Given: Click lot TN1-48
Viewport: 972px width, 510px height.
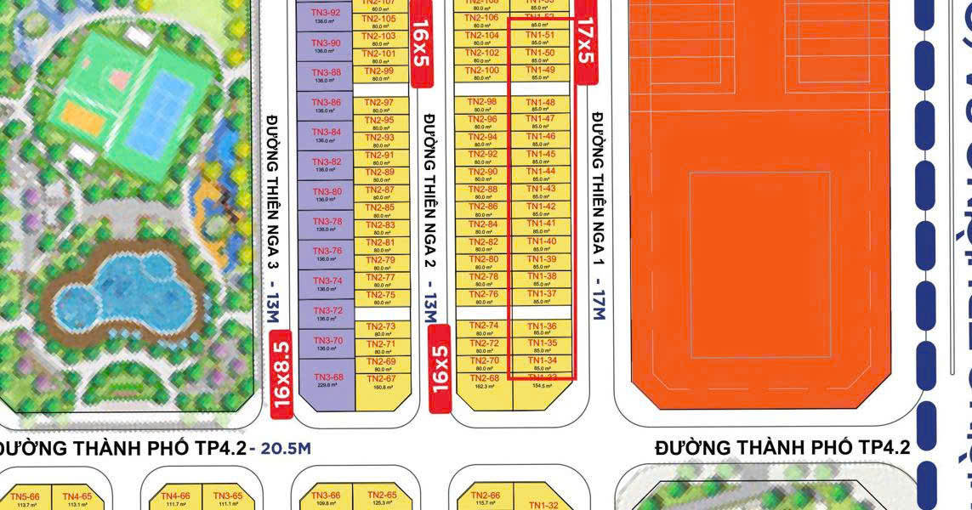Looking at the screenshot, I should (541, 105).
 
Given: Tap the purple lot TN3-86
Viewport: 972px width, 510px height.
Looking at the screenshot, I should (326, 105).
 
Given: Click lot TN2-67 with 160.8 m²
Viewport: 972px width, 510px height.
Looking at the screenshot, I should (382, 382).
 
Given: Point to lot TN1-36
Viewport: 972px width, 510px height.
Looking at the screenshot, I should (541, 329).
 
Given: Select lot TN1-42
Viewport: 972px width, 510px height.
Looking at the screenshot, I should (541, 209).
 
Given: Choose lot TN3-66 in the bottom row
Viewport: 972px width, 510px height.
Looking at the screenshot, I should (326, 499).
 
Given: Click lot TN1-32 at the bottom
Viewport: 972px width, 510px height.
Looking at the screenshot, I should (542, 506).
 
